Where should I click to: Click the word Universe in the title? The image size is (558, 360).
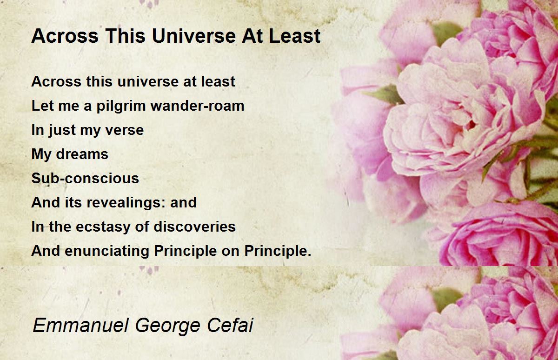click(x=194, y=36)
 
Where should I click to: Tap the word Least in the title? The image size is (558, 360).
click(x=295, y=36)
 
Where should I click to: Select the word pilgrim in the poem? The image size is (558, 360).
click(x=121, y=107)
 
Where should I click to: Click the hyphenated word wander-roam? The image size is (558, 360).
click(x=197, y=106)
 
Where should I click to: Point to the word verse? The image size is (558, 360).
click(x=125, y=130)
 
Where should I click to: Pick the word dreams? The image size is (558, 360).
click(x=82, y=154)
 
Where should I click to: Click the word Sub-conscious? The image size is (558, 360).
click(x=85, y=178)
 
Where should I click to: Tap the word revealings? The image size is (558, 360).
click(x=126, y=203)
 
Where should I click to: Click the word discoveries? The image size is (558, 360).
click(x=194, y=227)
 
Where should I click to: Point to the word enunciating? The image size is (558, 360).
click(x=107, y=251)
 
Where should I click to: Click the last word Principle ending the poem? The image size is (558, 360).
click(x=278, y=251)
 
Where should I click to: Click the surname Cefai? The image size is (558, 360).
click(x=230, y=325)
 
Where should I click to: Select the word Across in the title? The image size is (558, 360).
click(x=65, y=36)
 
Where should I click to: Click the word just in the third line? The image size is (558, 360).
click(x=62, y=131)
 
